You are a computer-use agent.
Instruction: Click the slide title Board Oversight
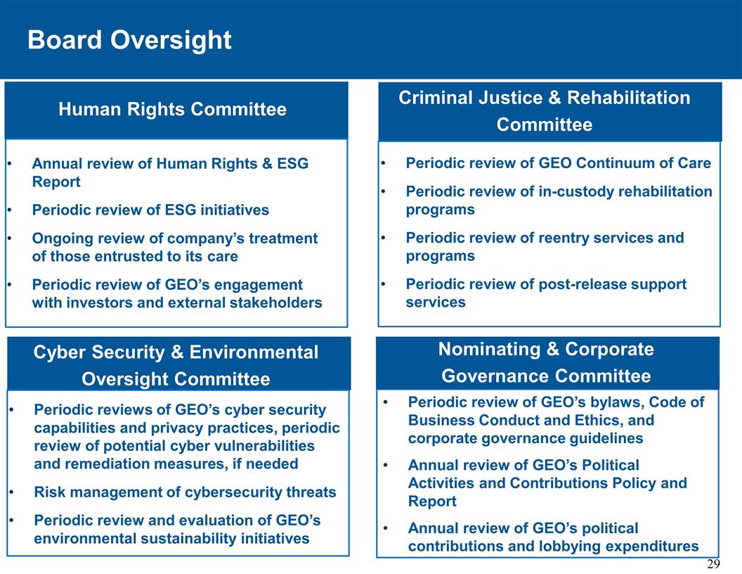129,40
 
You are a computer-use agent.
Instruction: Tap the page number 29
713,565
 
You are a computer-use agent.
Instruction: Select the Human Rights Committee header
172,110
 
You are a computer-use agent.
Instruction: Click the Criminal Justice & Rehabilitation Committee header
545,111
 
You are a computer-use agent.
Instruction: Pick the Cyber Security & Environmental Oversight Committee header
176,365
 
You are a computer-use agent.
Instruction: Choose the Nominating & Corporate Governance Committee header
546,363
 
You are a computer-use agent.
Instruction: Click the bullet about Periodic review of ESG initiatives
150,210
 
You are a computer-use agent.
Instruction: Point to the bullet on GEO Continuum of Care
558,163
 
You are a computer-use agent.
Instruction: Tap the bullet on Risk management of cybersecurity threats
185,492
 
